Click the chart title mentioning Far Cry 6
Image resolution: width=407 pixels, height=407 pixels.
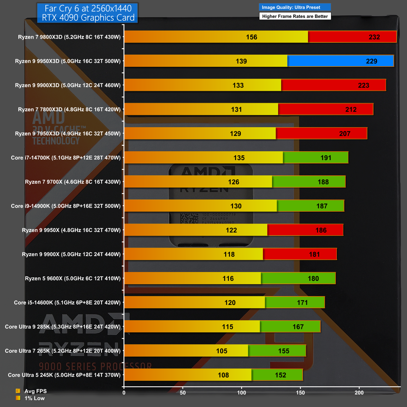pos(88,13)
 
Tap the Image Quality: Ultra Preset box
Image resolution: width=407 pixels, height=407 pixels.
pos(294,7)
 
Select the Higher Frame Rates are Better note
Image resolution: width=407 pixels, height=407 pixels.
pos(295,16)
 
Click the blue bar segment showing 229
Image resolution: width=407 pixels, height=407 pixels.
pos(340,61)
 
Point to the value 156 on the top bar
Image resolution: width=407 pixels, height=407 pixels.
pos(252,37)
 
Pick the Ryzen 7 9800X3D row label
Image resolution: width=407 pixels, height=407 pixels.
pos(69,37)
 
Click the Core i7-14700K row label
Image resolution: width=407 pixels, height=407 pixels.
pos(66,158)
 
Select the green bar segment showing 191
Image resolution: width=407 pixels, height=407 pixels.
pos(315,158)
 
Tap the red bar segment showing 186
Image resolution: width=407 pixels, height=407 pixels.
pos(305,230)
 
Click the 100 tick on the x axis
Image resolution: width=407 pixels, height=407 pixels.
pos(241,393)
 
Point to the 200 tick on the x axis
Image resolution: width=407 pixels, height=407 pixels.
pos(359,393)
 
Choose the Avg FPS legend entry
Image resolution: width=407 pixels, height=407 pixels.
pos(35,391)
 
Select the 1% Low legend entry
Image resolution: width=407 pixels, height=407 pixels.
pos(34,398)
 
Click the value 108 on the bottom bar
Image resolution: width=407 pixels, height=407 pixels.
pos(223,375)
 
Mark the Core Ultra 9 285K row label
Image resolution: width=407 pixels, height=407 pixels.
pos(63,327)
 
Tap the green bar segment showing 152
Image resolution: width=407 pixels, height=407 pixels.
pos(277,375)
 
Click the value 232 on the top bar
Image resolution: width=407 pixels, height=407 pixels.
pos(374,37)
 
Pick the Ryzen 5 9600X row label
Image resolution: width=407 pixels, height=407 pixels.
pos(73,278)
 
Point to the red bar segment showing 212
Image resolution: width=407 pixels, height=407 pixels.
pos(325,109)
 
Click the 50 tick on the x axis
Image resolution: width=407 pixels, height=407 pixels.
pos(183,393)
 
